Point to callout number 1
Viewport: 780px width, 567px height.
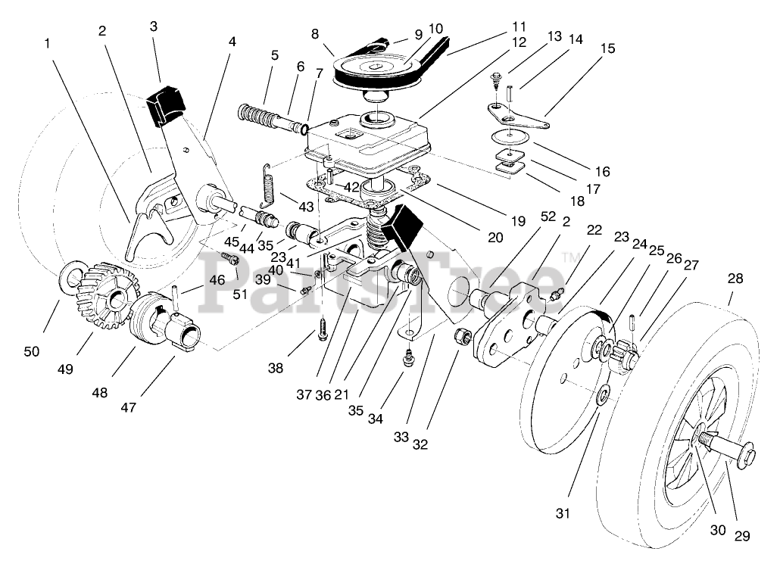pyautogui.click(x=48, y=44)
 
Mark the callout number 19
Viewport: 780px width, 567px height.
pyautogui.click(x=517, y=223)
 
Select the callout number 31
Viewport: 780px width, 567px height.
pyautogui.click(x=561, y=513)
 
